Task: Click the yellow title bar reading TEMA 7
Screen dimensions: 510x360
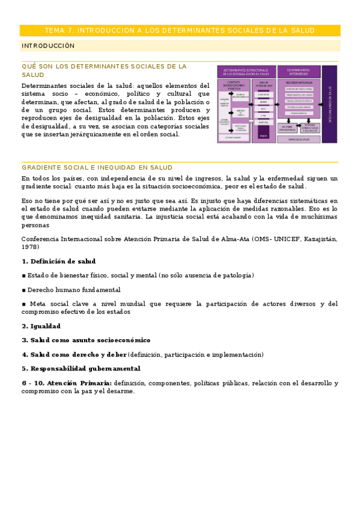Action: tap(180, 31)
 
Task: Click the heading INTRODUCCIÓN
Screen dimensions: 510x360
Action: tap(49, 46)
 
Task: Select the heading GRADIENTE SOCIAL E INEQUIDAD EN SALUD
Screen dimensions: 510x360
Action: tap(97, 167)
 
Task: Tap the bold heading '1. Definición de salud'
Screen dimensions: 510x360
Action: tap(59, 261)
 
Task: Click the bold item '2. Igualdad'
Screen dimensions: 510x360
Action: tap(41, 326)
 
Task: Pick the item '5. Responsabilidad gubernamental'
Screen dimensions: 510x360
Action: tap(81, 368)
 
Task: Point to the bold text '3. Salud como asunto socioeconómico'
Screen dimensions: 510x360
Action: tap(86, 340)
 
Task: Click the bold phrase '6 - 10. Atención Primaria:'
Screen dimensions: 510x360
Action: tap(67, 382)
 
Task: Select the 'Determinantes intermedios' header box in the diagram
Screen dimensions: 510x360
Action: tap(299, 72)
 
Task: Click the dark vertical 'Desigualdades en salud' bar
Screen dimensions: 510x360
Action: tap(329, 103)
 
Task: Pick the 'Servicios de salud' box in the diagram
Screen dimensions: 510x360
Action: tap(299, 140)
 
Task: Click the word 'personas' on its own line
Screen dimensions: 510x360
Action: tap(35, 226)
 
